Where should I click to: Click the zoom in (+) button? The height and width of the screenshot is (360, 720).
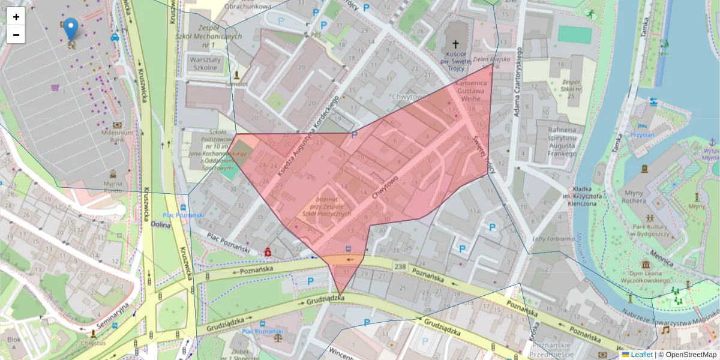(16, 17)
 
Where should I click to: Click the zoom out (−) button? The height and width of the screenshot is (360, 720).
(16, 35)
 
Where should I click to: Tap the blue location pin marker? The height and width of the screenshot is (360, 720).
(71, 28)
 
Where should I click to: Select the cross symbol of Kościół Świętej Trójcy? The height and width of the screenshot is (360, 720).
(455, 44)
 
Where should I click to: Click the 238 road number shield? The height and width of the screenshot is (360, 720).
(401, 265)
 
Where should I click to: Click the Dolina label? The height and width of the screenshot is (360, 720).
(161, 225)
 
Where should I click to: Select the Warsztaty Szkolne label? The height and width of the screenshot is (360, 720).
(206, 64)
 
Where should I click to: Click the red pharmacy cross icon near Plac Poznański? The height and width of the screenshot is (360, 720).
(268, 253)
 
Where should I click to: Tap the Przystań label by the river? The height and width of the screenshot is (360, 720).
(642, 135)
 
